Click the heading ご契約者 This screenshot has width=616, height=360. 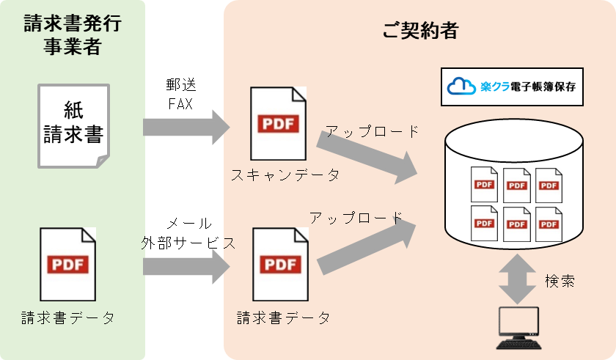click(x=420, y=31)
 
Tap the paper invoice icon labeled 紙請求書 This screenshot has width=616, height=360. click(x=73, y=125)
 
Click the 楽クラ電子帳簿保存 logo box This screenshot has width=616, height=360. click(x=512, y=86)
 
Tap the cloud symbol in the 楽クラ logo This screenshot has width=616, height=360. click(x=459, y=86)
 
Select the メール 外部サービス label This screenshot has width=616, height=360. click(x=188, y=233)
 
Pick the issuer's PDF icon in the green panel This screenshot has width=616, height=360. click(x=68, y=264)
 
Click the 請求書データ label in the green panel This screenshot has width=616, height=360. click(x=68, y=317)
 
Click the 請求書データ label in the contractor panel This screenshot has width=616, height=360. click(x=283, y=317)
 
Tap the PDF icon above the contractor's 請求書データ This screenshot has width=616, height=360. click(x=279, y=264)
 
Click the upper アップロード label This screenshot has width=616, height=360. click(x=373, y=132)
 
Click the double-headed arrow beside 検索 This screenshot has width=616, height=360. click(x=517, y=279)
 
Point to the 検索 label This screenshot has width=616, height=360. click(x=560, y=281)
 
